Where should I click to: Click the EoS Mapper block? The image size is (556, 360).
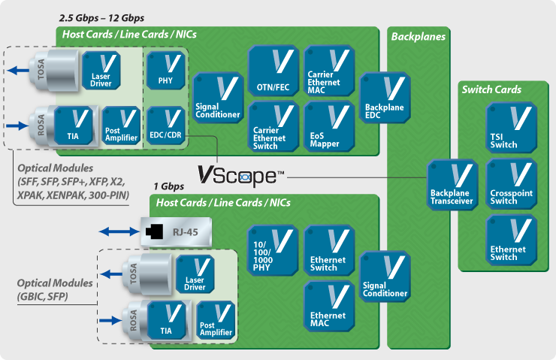pos(328,127)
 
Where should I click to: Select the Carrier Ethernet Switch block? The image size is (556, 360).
pos(273,127)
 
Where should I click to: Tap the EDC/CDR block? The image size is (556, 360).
pos(165,123)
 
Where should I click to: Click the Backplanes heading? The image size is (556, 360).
pos(418,36)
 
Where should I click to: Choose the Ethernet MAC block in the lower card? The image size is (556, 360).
pos(328,306)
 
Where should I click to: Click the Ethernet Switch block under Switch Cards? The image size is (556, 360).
pos(513,240)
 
